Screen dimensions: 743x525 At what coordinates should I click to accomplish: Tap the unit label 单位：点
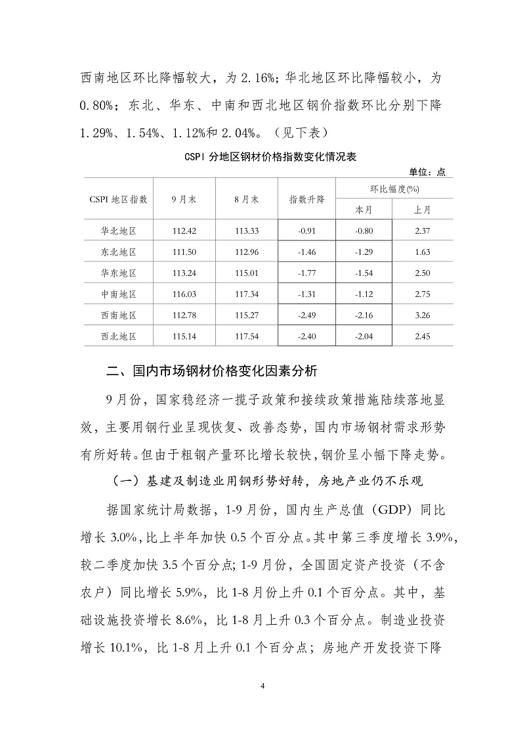tap(427, 172)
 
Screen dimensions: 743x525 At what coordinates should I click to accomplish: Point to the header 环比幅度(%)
tap(394, 189)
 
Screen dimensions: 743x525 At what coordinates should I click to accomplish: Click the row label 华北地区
tap(119, 231)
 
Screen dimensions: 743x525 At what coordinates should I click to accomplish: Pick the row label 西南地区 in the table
tap(119, 315)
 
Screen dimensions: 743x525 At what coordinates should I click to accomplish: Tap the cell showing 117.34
tap(247, 294)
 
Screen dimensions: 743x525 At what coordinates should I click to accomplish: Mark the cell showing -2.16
tap(364, 315)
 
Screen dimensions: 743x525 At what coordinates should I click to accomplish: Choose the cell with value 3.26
tap(423, 315)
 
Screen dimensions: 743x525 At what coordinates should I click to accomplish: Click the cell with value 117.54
tap(247, 336)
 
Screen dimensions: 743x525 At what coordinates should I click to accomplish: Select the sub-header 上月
tap(423, 210)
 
